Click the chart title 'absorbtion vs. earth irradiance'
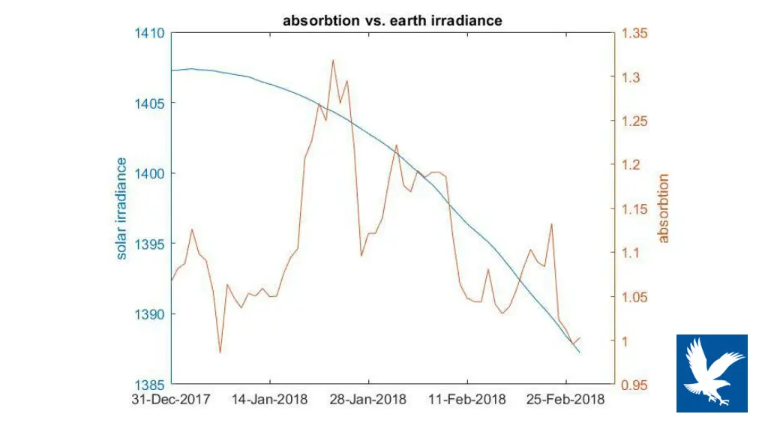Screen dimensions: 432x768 [392, 21]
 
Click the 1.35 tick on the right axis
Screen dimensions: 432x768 [634, 34]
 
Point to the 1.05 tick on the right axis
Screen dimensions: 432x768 [634, 297]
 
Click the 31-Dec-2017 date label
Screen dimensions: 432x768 [170, 400]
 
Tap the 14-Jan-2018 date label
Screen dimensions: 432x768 [269, 400]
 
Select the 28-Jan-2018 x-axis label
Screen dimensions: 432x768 [368, 400]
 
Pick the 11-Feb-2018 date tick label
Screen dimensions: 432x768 [467, 400]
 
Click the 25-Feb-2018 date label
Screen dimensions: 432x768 [566, 400]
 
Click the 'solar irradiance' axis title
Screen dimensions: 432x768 [121, 208]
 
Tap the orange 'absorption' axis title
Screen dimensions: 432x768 [663, 208]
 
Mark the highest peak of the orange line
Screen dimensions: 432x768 [332, 60]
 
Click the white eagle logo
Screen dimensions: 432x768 [712, 373]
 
